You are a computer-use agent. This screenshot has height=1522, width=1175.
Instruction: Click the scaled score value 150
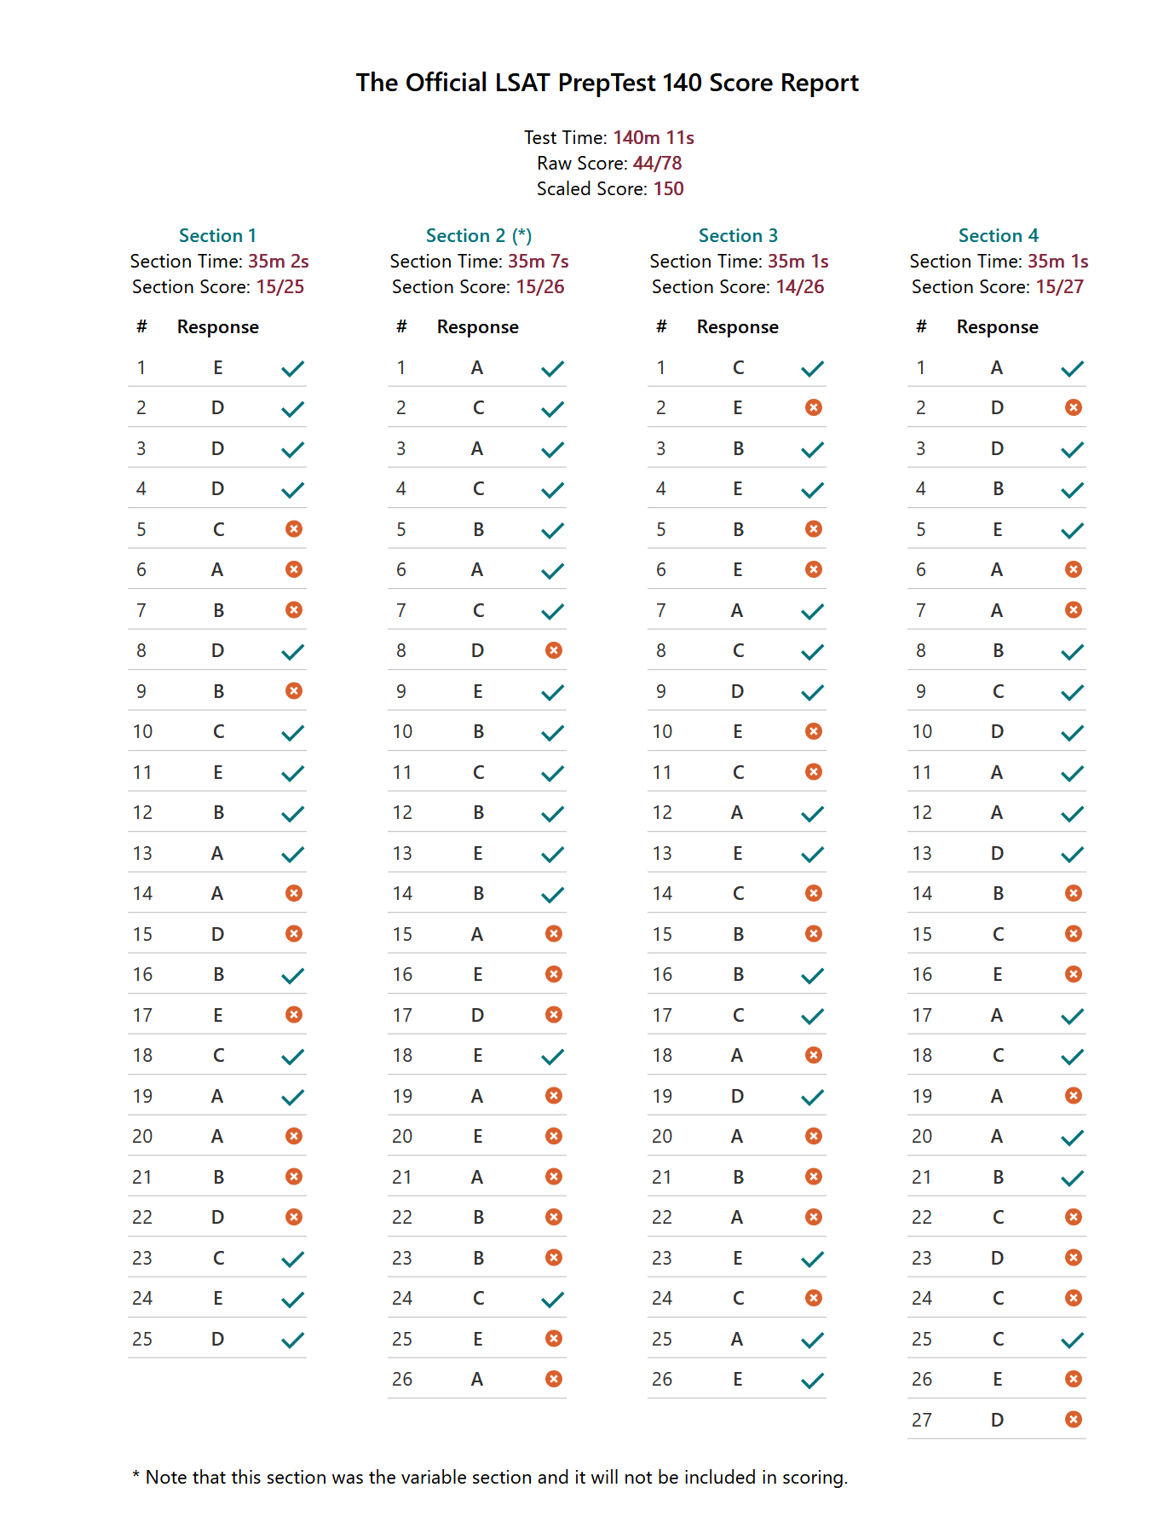(668, 188)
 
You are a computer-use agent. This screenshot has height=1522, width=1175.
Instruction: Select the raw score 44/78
(657, 163)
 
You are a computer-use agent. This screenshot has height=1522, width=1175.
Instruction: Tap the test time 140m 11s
(654, 137)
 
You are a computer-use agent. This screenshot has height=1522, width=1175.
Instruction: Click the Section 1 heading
(217, 235)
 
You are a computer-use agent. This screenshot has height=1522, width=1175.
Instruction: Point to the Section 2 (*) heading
(479, 235)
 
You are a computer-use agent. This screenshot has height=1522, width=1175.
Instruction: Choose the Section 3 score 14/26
(800, 286)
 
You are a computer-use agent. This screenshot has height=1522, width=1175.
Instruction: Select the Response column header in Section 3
(737, 327)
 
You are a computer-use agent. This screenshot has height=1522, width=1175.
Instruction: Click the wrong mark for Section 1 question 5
(294, 529)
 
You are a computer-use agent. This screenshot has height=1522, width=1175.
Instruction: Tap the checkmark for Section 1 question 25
(293, 1340)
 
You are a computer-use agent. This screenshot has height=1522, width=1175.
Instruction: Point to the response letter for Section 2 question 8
(478, 651)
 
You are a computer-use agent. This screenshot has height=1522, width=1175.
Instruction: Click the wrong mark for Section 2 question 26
(554, 1379)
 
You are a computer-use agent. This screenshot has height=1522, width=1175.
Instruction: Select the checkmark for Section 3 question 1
(813, 368)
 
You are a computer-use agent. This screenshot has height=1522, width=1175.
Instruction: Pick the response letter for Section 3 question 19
(738, 1096)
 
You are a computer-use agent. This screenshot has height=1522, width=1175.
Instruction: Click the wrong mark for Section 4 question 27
(1074, 1419)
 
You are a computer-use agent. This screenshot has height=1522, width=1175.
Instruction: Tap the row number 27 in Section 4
(922, 1420)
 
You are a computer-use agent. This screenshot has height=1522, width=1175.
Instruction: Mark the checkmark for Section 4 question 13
(1073, 854)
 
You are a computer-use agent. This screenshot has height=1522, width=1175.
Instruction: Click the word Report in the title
(820, 83)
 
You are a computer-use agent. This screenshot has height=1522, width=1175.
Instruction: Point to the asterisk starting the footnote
(136, 1474)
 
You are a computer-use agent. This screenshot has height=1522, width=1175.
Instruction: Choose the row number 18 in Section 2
(402, 1056)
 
